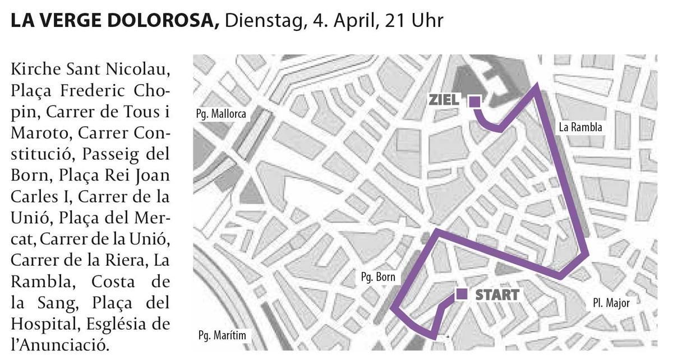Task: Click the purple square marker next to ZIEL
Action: [x=474, y=101]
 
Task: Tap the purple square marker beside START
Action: [x=462, y=294]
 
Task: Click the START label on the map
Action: [x=497, y=294]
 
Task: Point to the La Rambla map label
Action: [x=580, y=127]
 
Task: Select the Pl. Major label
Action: [x=611, y=303]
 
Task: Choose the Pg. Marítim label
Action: [x=222, y=336]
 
